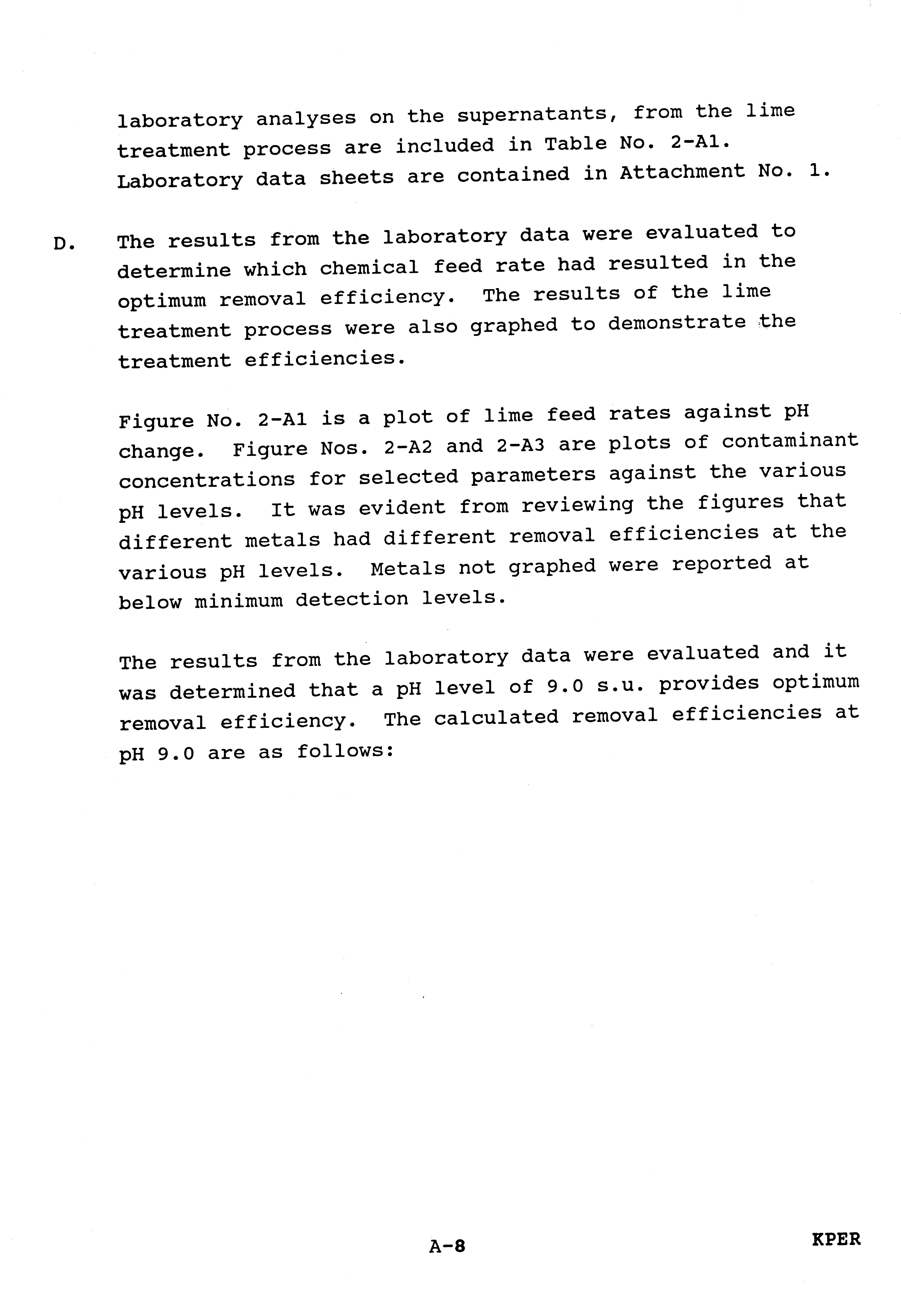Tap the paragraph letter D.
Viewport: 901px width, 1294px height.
64,244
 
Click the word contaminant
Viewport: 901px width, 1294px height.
790,441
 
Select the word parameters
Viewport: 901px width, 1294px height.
533,475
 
